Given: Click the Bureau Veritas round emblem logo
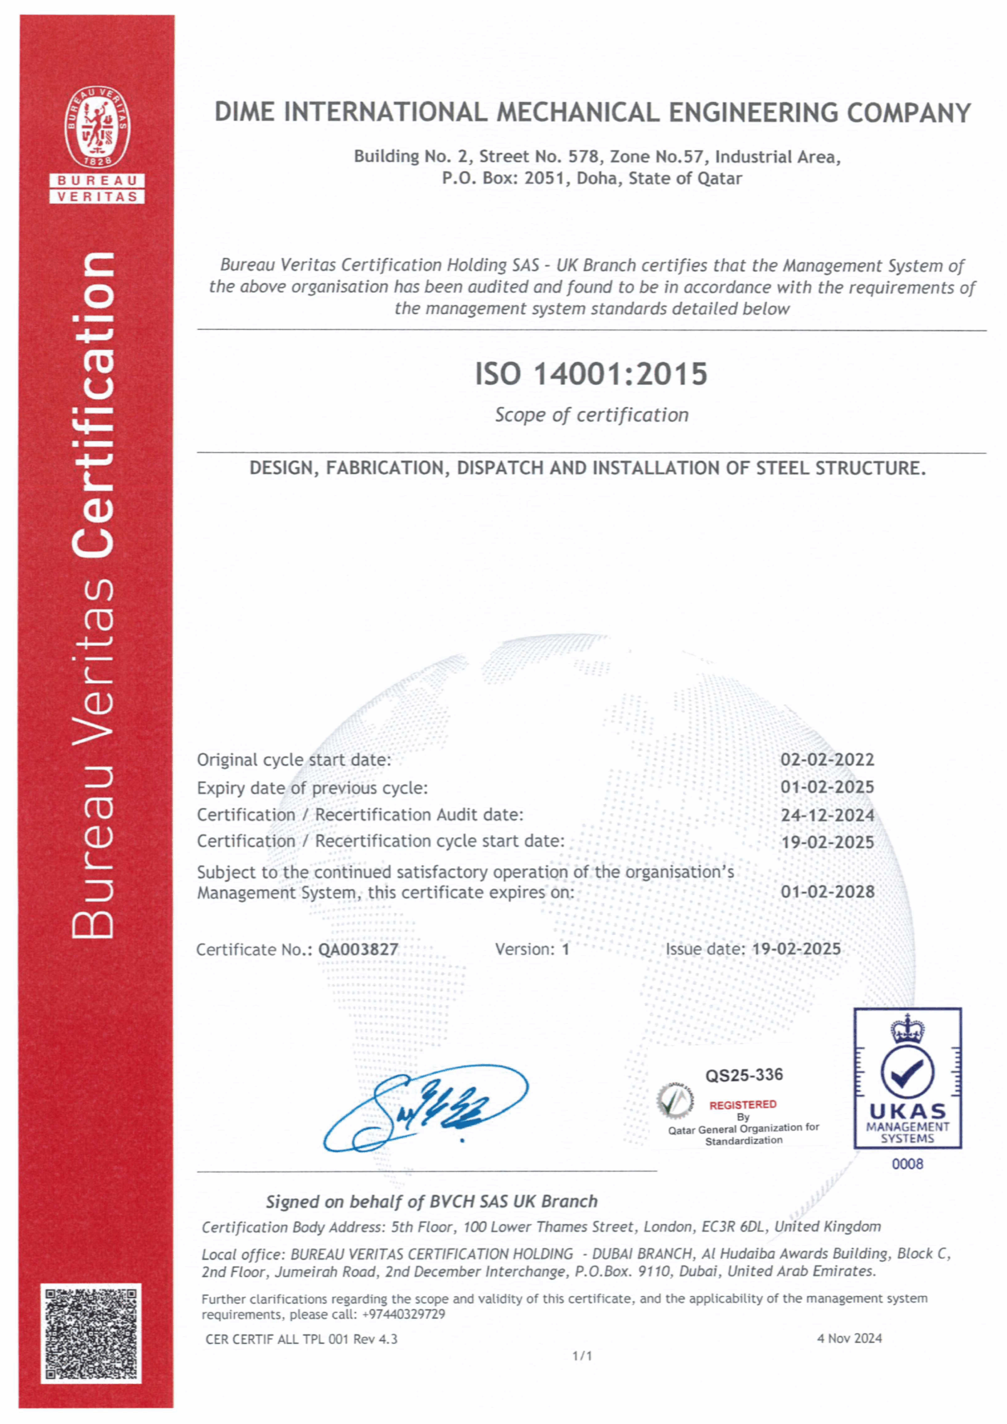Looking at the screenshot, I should point(97,128).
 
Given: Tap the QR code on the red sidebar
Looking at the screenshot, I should point(91,1333).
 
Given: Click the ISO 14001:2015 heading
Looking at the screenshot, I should point(591,374).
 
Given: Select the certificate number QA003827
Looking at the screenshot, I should point(358,950).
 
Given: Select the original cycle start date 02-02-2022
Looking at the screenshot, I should point(827,760).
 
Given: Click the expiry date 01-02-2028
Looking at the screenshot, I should point(827,892).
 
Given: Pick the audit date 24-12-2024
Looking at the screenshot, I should point(827,815).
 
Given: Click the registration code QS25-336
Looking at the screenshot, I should point(744,1075).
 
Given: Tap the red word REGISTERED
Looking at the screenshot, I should point(743,1105).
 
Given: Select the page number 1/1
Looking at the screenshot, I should point(582,1356).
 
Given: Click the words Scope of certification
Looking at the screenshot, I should point(591,415).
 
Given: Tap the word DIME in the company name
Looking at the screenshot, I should point(244,112).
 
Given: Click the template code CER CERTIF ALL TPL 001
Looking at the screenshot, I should point(278,1339).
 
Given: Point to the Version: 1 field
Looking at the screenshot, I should point(532,950).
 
